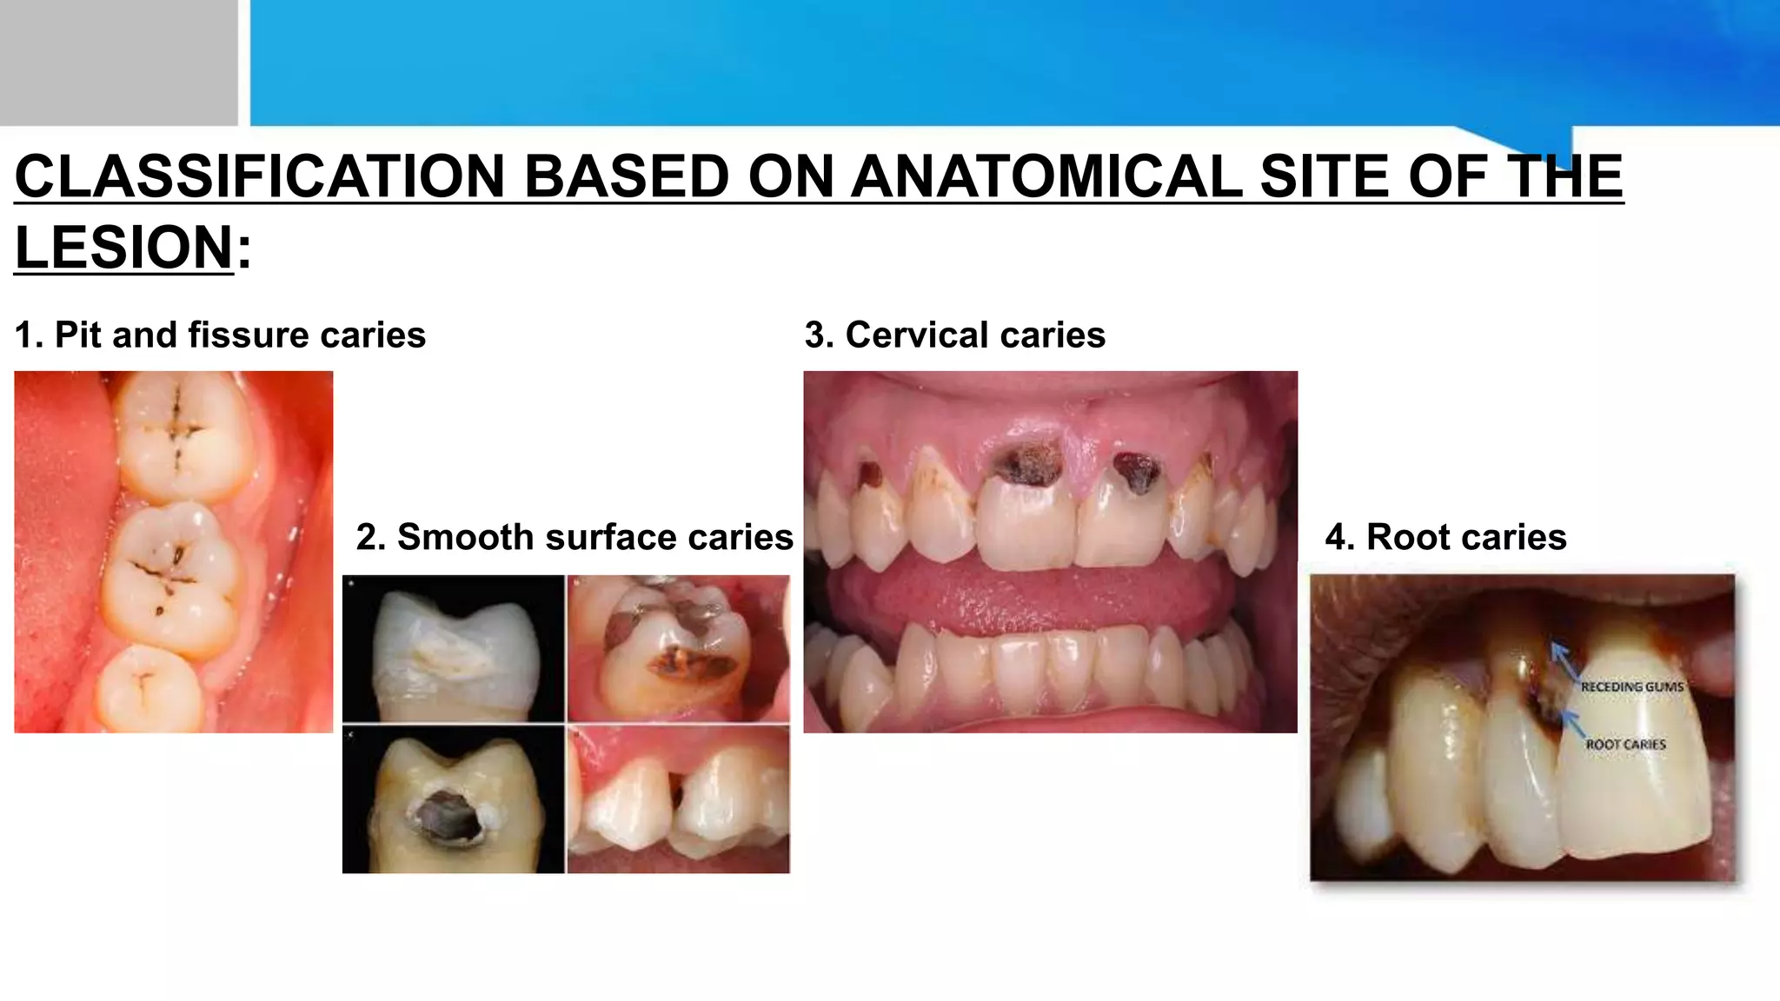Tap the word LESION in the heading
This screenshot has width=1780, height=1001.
tap(124, 248)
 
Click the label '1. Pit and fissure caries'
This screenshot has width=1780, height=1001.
tap(220, 335)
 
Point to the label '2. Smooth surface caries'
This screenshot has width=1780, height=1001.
tap(575, 537)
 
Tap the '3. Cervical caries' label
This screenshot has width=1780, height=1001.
tap(954, 335)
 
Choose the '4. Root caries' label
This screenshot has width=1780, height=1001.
tap(1445, 537)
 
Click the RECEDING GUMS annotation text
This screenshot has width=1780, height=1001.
tap(1631, 687)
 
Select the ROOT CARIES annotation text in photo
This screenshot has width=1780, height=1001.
tap(1625, 745)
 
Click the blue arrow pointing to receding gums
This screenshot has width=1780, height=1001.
tap(1564, 660)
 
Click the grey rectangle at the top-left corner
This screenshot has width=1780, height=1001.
tap(118, 61)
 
